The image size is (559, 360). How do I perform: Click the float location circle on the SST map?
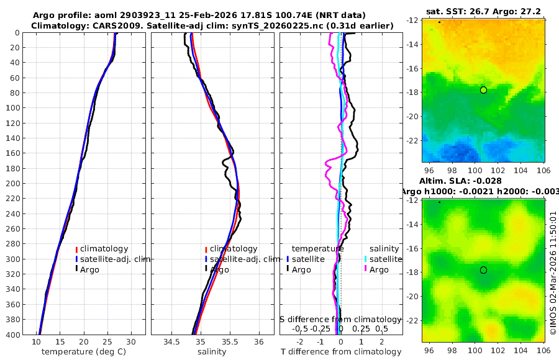pos(483,90)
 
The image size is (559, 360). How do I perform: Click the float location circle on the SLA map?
pos(483,270)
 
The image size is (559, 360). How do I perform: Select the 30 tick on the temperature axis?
pos(130,342)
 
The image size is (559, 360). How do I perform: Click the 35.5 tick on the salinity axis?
pos(229,342)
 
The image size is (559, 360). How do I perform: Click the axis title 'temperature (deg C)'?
pos(85,352)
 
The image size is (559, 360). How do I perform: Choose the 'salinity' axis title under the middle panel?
pos(211,352)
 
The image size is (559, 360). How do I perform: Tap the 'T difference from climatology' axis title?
pos(341,352)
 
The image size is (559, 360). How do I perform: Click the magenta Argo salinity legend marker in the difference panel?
pos(366,269)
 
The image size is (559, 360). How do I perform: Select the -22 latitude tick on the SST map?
pos(412,140)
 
